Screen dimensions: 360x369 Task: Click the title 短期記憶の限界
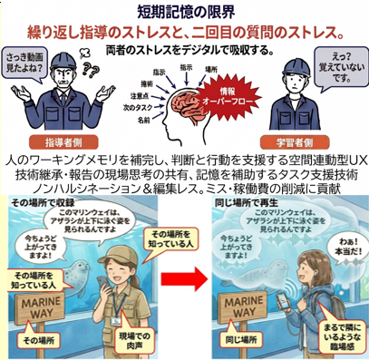point(184,11)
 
